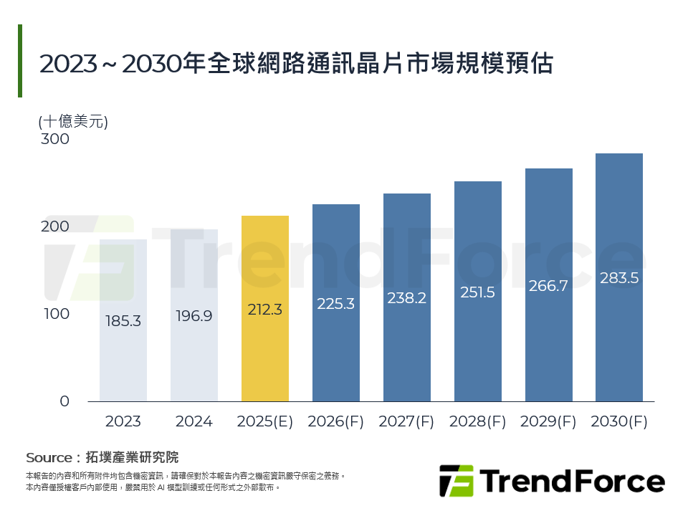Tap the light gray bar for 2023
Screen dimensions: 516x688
[x=123, y=358]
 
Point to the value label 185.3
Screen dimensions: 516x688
[x=123, y=321]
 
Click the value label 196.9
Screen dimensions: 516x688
[x=194, y=315]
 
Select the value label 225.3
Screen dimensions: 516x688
[x=336, y=304]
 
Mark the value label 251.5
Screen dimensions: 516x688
[x=478, y=292]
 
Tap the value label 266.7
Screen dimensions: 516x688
[x=548, y=286]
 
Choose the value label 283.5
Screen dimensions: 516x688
[x=619, y=278]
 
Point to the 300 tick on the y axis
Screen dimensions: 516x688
[x=55, y=139]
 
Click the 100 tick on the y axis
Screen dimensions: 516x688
[x=55, y=314]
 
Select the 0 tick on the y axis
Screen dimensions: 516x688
[x=64, y=401]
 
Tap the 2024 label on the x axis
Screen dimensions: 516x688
[x=194, y=421]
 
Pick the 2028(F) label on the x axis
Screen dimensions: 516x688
[x=478, y=421]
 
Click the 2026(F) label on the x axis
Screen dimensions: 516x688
[x=336, y=421]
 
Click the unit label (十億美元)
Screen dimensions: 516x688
[x=73, y=121]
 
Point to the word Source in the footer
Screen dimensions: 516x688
[x=49, y=458]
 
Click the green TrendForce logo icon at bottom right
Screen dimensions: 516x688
[x=457, y=481]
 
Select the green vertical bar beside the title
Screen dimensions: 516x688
[x=20, y=61]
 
